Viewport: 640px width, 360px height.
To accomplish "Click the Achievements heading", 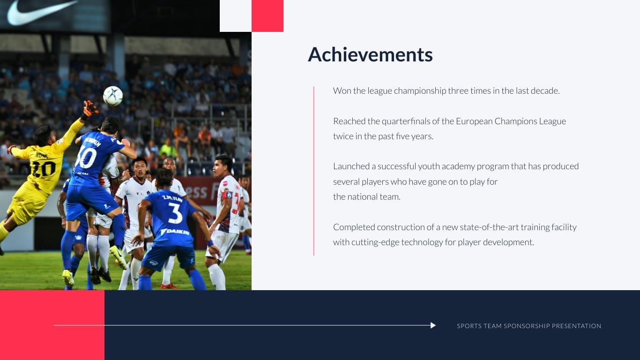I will coord(370,55).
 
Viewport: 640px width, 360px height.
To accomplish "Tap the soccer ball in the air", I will coord(113,96).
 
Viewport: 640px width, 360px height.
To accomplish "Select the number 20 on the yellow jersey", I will coord(44,168).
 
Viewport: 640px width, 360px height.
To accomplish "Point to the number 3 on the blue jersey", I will coord(175,213).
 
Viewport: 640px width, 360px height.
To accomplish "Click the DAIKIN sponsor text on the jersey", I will coord(175,232).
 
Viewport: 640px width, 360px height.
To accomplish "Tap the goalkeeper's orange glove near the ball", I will coord(89,109).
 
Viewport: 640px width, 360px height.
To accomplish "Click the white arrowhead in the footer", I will coord(433,325).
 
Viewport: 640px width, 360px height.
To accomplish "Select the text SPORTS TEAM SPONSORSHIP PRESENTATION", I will coord(529,326).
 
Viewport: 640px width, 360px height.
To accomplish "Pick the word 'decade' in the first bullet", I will coord(545,91).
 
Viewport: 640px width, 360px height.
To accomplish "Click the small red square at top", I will coord(268,16).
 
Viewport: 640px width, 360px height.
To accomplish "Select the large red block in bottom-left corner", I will coord(52,325).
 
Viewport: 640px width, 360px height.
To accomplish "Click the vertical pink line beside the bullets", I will coord(313,171).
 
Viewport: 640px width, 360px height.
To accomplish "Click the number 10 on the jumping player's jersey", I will coord(87,157).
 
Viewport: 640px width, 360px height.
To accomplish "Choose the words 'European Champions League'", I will coord(511,121).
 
